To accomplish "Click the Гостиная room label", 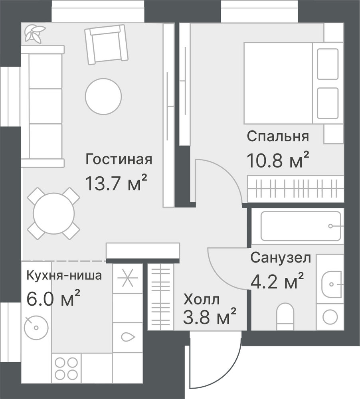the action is point(119,159).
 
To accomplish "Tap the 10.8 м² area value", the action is point(278,160).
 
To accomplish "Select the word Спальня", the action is point(278,136).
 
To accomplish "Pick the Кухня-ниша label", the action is point(64,275).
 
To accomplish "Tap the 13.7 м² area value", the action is point(117,183).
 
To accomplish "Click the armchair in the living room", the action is point(106,45).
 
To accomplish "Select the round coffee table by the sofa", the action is point(103,97).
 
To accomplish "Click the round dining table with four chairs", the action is point(54,213).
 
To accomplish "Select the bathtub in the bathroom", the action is point(301,226).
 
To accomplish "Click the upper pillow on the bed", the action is point(328,64).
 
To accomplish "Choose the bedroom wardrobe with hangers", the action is point(296,189).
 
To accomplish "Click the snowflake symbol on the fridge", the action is point(128,278).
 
